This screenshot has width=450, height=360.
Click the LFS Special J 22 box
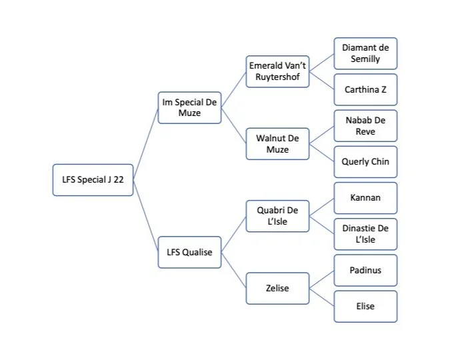[93, 180]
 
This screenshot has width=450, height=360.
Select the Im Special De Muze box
[190, 107]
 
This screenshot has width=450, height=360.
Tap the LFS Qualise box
[190, 252]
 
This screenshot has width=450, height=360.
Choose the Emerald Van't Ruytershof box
[277, 71]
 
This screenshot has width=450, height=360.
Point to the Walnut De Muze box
[277, 144]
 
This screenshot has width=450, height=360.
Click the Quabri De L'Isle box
[277, 216]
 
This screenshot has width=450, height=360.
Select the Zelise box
[277, 288]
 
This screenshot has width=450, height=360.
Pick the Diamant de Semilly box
[365, 53]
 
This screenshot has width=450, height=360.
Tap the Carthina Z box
[365, 89]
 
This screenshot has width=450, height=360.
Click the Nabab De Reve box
[365, 126]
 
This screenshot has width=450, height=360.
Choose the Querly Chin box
[365, 162]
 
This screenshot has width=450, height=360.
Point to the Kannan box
[365, 198]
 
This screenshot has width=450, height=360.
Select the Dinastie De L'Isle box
[365, 234]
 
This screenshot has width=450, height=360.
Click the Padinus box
[365, 270]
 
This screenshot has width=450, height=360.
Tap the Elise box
[365, 307]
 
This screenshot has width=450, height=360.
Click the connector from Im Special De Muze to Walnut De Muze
[233, 125]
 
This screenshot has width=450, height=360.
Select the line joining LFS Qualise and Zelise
[233, 270]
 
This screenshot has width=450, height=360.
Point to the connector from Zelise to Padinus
[321, 279]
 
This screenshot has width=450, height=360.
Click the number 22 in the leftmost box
[118, 180]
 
